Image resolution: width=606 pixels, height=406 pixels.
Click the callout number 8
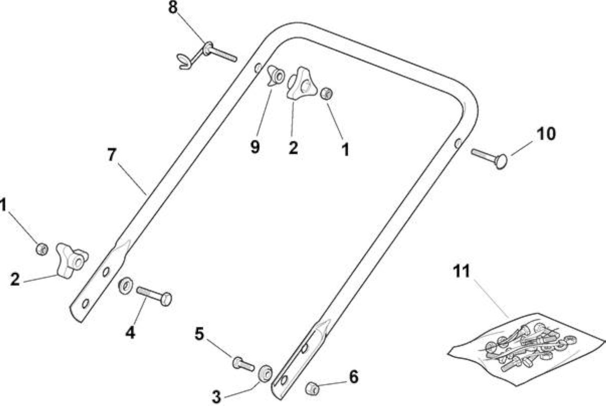[173, 8]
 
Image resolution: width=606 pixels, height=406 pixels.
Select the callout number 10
[546, 133]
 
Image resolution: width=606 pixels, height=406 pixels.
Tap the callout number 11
[461, 271]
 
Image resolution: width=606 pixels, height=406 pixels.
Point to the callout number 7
[112, 154]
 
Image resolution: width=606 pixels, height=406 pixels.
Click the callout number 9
[255, 147]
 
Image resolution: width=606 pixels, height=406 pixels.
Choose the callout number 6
[354, 377]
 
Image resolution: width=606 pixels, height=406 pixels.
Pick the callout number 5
[199, 333]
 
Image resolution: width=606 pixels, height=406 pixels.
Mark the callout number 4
[130, 332]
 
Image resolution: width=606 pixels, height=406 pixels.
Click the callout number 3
[216, 396]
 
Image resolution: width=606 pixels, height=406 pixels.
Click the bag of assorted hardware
[526, 345]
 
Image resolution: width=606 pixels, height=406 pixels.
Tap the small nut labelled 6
[312, 388]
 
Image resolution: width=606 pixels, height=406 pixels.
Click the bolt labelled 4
[154, 295]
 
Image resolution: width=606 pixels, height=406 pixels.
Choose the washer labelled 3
[265, 373]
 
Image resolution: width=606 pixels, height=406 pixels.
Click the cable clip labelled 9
[276, 75]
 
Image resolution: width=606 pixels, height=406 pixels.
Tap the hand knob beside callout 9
[301, 83]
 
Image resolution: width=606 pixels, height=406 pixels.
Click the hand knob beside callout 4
[72, 260]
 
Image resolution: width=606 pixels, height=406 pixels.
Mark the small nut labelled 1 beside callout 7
[42, 249]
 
